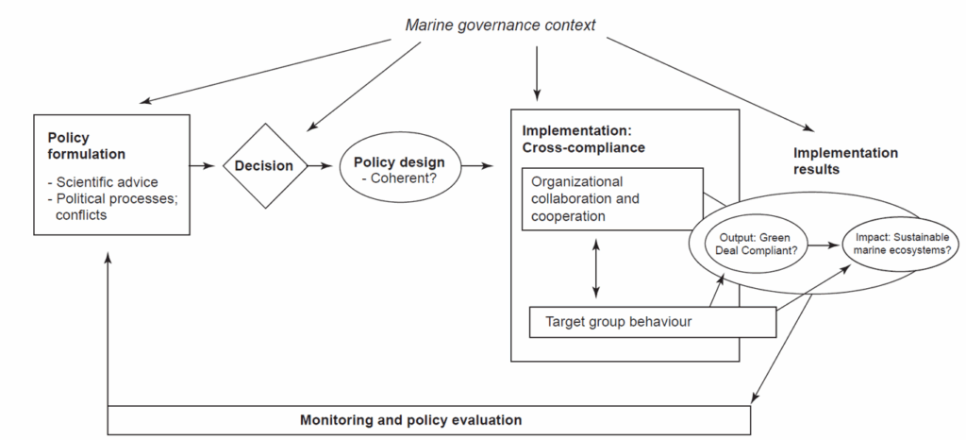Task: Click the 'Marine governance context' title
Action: [x=500, y=25]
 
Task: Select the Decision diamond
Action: [x=264, y=166]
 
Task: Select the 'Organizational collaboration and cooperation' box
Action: [x=610, y=198]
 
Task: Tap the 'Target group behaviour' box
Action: [x=651, y=321]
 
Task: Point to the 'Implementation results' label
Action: [x=845, y=161]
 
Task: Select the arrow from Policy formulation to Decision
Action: [x=206, y=166]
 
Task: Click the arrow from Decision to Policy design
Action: [x=324, y=166]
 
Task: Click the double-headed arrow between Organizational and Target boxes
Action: [x=595, y=268]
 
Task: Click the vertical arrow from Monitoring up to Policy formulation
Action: [x=108, y=330]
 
